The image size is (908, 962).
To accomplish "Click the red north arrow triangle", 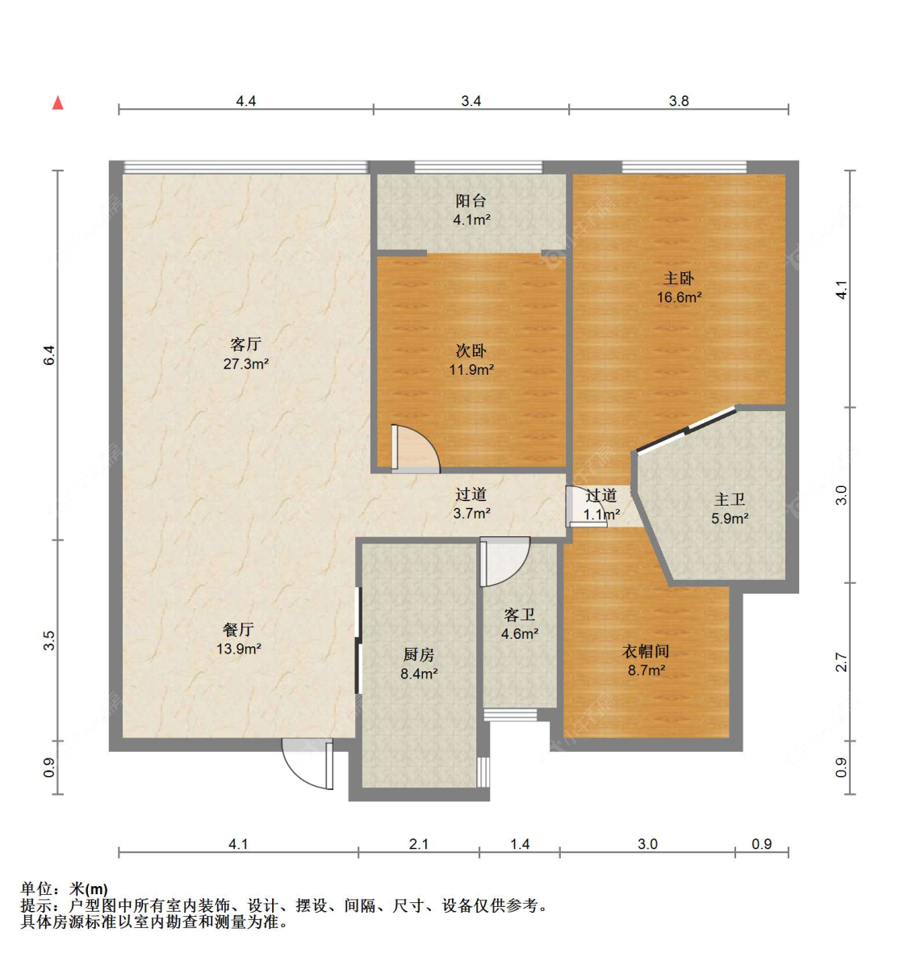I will coord(57,103).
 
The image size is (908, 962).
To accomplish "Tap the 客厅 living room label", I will coord(245,345).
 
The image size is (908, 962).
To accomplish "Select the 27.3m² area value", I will coord(245,364).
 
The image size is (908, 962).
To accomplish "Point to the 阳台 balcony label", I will coord(471,200).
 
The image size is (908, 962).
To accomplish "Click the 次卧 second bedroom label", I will coord(471,351).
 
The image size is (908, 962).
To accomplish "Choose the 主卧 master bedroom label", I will coord(679,278).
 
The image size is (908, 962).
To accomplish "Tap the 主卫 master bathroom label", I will coord(730,500).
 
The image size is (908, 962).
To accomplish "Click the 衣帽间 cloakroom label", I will coord(646,651).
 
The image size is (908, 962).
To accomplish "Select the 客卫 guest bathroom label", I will coord(519,615).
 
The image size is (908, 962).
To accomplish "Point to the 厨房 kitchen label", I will coord(419,655).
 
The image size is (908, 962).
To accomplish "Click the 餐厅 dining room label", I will coord(238,629).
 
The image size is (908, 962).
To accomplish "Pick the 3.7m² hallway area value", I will coord(471,514).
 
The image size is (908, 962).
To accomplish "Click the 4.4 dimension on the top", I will coord(245,101).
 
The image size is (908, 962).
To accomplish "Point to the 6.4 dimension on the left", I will coord(49,355).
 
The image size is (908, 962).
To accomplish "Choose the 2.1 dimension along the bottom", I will coord(418,844).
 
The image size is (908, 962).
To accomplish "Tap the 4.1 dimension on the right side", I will coord(842,290).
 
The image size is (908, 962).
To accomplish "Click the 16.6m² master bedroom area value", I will coord(679,297).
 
